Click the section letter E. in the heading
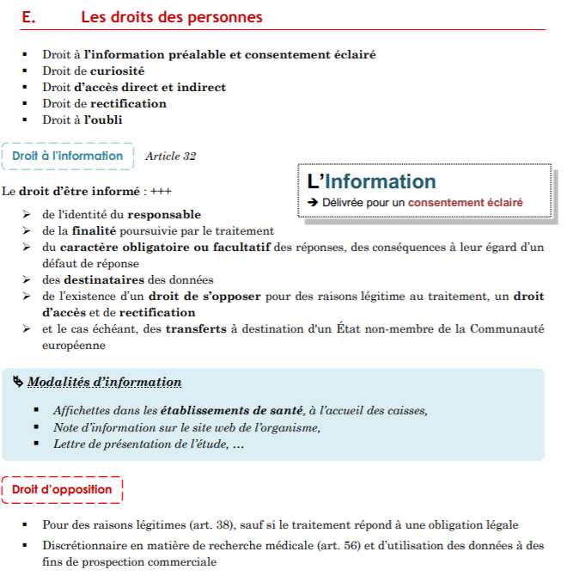pos(27,17)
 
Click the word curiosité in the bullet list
pos(117,70)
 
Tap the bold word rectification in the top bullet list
pos(128,103)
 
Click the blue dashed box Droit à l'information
pos(68,156)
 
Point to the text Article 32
pos(170,156)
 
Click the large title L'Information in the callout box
pos(371,181)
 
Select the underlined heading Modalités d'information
pos(105,382)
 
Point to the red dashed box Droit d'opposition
pos(62,490)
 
